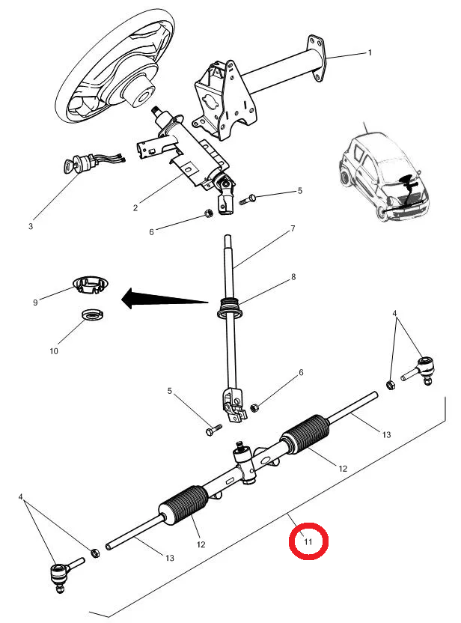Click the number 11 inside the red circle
[308, 541]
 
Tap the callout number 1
[370, 52]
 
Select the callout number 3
[31, 226]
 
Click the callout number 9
[35, 303]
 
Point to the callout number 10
[54, 351]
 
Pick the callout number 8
[293, 276]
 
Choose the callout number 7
[293, 228]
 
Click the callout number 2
[135, 208]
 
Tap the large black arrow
[165, 299]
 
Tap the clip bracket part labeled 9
[91, 285]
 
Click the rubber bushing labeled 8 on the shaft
[229, 308]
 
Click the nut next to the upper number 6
[208, 213]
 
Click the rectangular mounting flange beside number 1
[317, 58]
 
